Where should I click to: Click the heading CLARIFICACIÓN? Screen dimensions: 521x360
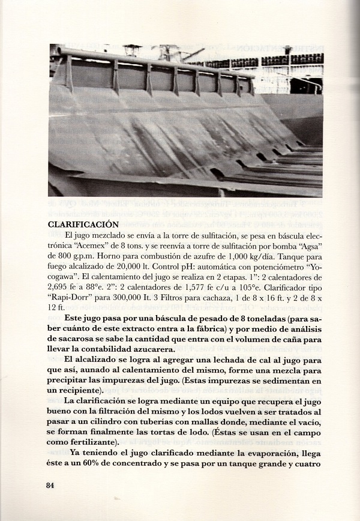(x=83, y=224)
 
